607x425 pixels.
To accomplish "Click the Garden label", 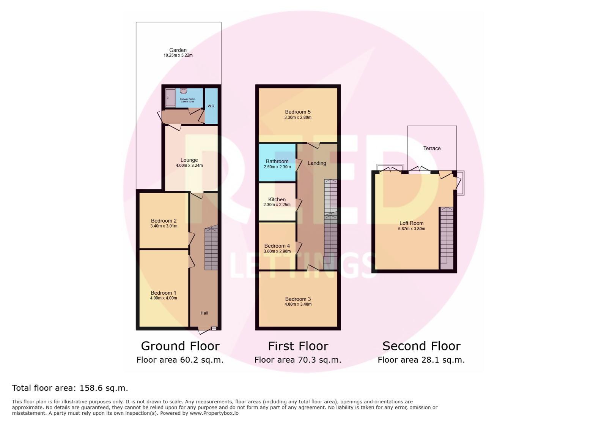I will click(178, 50).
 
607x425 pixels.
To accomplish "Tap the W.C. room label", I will click(211, 106).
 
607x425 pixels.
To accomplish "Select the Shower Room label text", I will click(187, 99).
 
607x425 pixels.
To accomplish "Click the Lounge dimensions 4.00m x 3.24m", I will click(189, 166).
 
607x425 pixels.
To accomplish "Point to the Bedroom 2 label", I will click(164, 221).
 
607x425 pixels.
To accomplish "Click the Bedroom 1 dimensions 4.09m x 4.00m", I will click(164, 298).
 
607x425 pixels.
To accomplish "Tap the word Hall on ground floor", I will click(204, 313).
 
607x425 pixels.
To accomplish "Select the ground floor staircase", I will click(211, 248).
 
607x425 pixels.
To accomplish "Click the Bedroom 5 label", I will click(298, 112).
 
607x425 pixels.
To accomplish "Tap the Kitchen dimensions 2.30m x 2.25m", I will click(277, 205).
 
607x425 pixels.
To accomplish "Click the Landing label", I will click(317, 163).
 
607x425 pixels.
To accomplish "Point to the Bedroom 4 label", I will click(277, 246).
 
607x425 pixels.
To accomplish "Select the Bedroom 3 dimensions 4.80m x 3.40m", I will click(298, 304).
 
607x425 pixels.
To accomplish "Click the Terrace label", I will click(432, 148).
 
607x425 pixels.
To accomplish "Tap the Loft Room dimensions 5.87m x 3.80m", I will click(411, 229).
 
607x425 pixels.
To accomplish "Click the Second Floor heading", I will click(421, 346).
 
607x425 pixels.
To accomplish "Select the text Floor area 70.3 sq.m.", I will click(298, 360).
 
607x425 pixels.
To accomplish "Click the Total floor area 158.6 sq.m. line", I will click(70, 388).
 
